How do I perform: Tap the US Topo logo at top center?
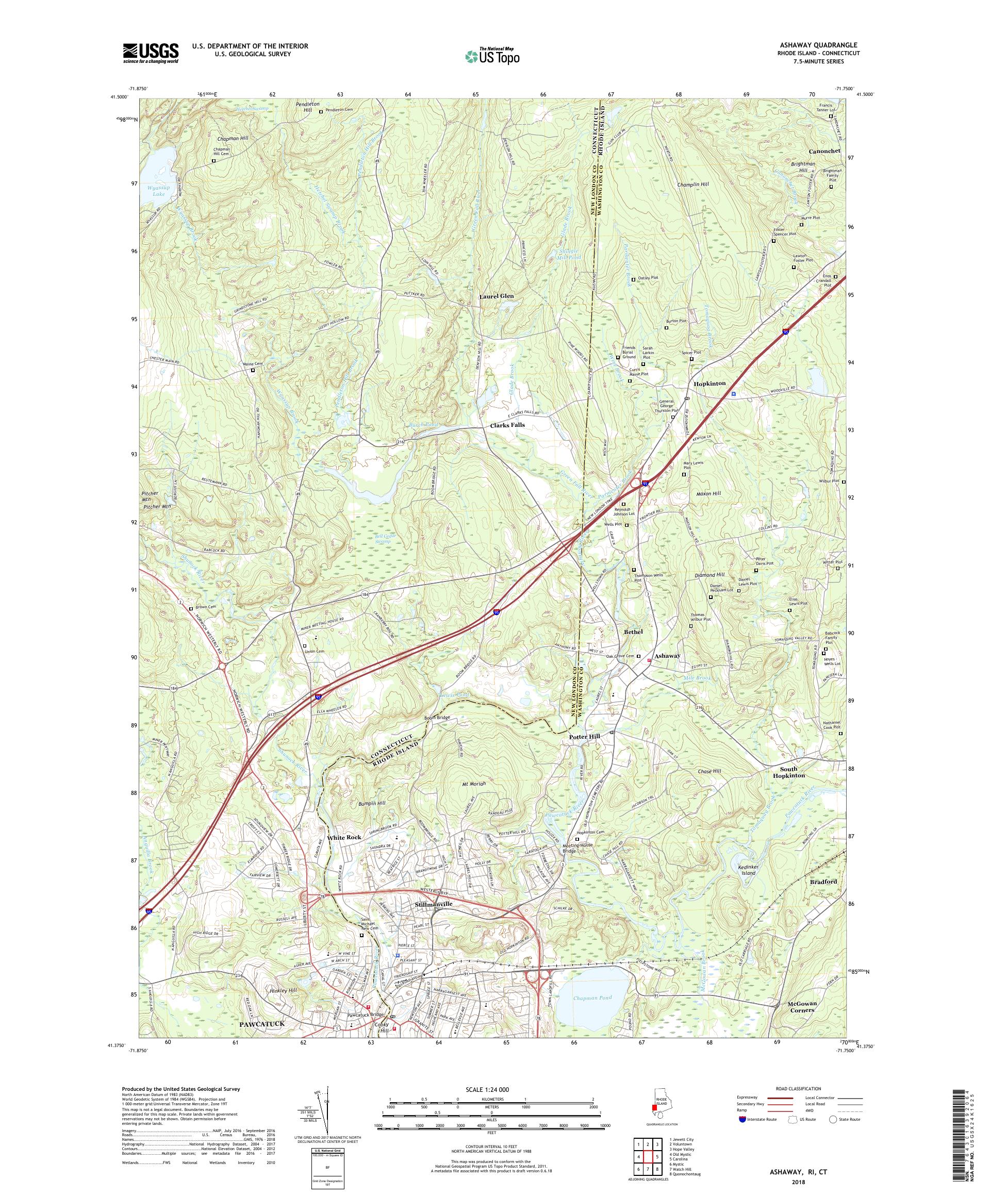pyautogui.click(x=493, y=56)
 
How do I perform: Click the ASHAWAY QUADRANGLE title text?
pyautogui.click(x=829, y=45)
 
